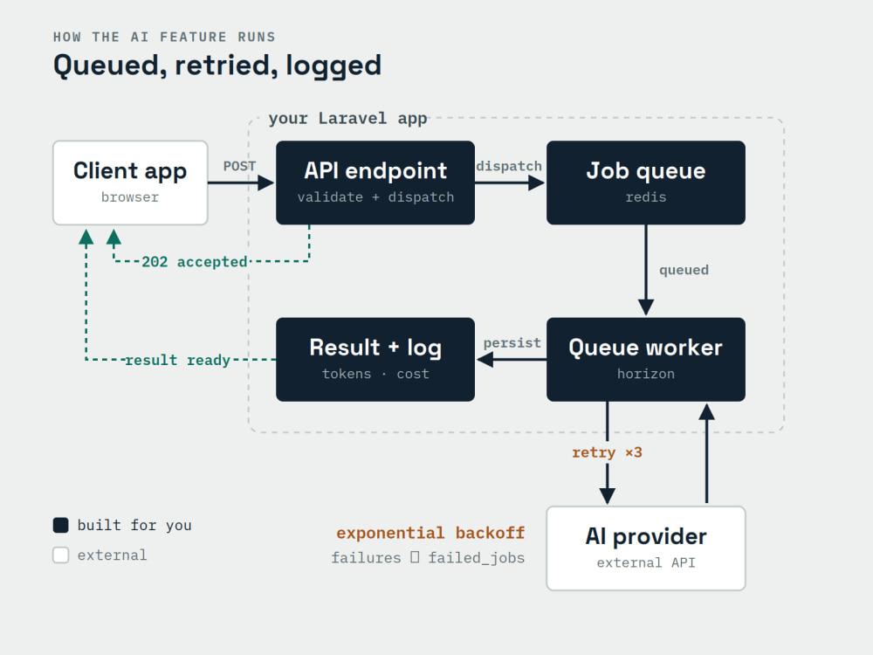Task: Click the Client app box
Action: click(x=130, y=183)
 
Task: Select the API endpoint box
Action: click(x=375, y=183)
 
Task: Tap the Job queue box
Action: click(x=646, y=183)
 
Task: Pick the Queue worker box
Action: click(x=646, y=359)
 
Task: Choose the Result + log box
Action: click(x=375, y=359)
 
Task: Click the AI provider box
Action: click(x=646, y=548)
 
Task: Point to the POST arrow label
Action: click(x=239, y=166)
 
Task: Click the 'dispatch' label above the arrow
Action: click(x=509, y=166)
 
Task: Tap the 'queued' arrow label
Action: click(x=684, y=270)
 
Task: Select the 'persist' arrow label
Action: click(x=512, y=342)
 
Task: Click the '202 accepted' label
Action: click(x=195, y=262)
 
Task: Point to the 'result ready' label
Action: click(x=177, y=361)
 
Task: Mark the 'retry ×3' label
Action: click(x=607, y=452)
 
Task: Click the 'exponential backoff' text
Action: click(x=430, y=533)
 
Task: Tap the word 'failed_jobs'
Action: click(x=477, y=557)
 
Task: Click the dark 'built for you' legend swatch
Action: click(x=61, y=525)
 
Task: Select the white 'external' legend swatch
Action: click(x=61, y=555)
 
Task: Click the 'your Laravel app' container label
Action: click(x=348, y=119)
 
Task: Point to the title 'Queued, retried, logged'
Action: click(x=217, y=65)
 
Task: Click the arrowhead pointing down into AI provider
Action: click(x=608, y=496)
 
